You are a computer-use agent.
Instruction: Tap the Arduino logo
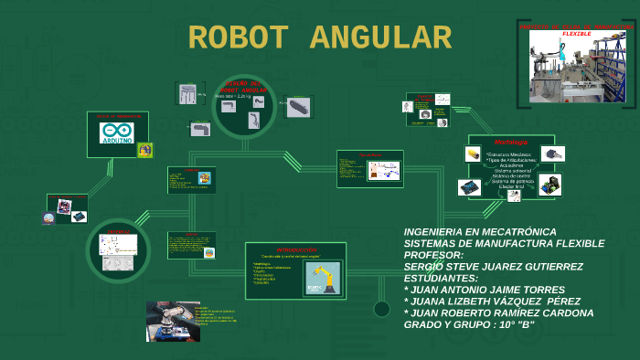(x=116, y=132)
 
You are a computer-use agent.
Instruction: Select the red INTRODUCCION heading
(x=295, y=249)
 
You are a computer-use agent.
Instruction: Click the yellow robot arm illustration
(x=322, y=279)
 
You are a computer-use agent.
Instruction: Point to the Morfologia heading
(x=511, y=142)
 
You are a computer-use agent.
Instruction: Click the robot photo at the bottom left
(x=173, y=321)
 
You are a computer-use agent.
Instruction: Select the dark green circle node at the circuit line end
(x=381, y=309)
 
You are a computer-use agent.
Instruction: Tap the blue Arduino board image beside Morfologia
(x=469, y=186)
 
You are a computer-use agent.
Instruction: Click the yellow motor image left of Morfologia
(x=473, y=154)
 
